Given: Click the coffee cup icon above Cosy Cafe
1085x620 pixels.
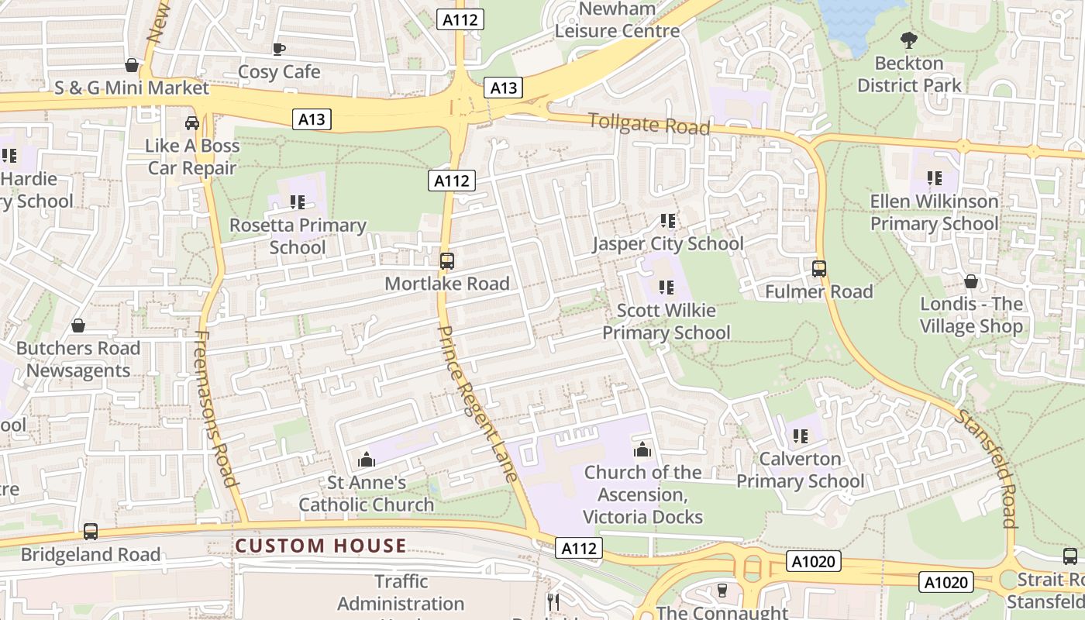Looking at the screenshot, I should coord(279,49).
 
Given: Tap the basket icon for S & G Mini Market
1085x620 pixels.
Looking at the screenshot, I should coord(132,65).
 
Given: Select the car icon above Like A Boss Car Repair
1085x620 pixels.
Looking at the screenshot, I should coord(192,122).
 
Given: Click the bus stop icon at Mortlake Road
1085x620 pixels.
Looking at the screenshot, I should coord(447,261).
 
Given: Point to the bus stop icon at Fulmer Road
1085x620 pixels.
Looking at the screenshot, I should coord(819,269).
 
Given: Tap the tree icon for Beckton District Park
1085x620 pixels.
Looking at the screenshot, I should coord(908,40).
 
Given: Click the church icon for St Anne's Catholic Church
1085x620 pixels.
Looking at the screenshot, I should coord(367,460).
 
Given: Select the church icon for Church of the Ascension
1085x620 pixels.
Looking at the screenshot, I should coord(642,449).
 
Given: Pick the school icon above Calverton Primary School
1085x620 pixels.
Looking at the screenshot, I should coord(801,436).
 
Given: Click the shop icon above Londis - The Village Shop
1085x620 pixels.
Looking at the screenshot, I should coord(971,281).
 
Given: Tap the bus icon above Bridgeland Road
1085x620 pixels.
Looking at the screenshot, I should coord(91,532).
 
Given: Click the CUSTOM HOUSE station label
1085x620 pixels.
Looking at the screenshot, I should coord(320,546).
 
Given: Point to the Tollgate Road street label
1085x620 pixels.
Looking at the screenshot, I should coord(649,124).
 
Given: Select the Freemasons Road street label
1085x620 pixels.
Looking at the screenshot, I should coord(215,408).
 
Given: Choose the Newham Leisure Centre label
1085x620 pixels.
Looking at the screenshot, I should coord(617,20).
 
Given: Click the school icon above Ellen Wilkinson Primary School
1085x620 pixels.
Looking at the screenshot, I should coord(935,178).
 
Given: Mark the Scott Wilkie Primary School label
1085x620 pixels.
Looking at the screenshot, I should coord(666,322).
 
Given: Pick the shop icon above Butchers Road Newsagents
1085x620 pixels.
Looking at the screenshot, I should coord(77,325).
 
